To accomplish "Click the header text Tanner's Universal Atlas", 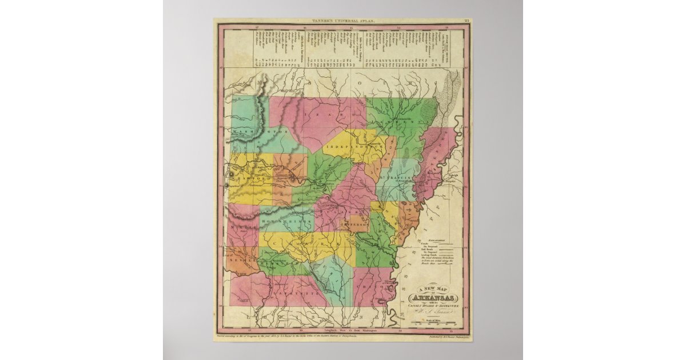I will [342, 21].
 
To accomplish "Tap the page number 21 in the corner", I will [467, 21].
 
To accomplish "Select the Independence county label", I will [348, 147].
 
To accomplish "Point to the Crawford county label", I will [252, 179].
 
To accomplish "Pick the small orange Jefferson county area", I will [357, 223].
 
